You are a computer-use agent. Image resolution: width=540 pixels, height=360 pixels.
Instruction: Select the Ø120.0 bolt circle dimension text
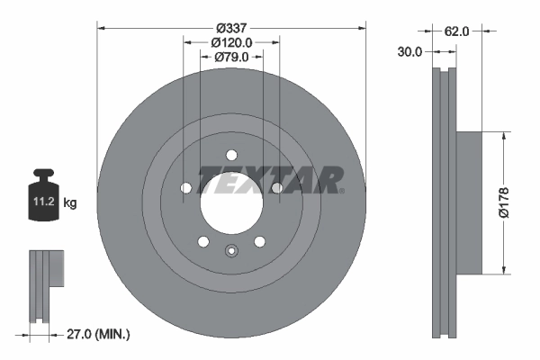tap(231, 41)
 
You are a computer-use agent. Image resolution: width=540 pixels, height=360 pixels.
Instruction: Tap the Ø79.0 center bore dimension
tap(231, 58)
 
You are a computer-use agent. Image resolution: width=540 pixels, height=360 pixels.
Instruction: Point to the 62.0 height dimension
tap(457, 31)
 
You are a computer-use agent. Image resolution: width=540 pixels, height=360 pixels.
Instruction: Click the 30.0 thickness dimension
tap(409, 52)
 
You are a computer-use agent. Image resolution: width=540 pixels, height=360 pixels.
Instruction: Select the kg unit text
tap(70, 203)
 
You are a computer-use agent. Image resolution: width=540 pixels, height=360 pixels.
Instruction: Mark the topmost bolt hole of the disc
tap(231, 153)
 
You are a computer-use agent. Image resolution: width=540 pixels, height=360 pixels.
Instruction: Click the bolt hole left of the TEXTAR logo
tap(185, 188)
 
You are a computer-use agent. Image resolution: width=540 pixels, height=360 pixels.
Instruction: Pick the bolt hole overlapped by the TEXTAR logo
tap(277, 187)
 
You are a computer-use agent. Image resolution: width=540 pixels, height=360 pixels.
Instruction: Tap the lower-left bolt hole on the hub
tap(202, 241)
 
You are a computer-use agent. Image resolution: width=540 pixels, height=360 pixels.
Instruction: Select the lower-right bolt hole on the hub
tap(260, 241)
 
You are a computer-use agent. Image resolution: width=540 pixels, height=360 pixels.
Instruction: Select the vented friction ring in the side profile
tap(444, 202)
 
